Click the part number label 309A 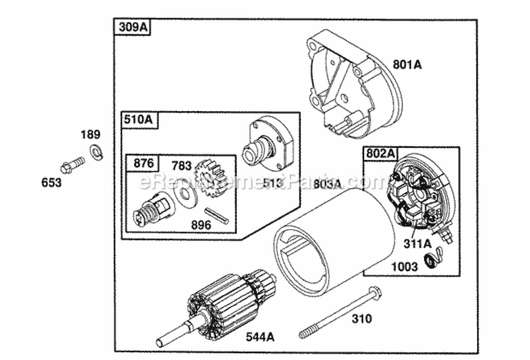click(x=132, y=28)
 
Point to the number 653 click(x=52, y=182)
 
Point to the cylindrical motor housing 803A click(x=332, y=233)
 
